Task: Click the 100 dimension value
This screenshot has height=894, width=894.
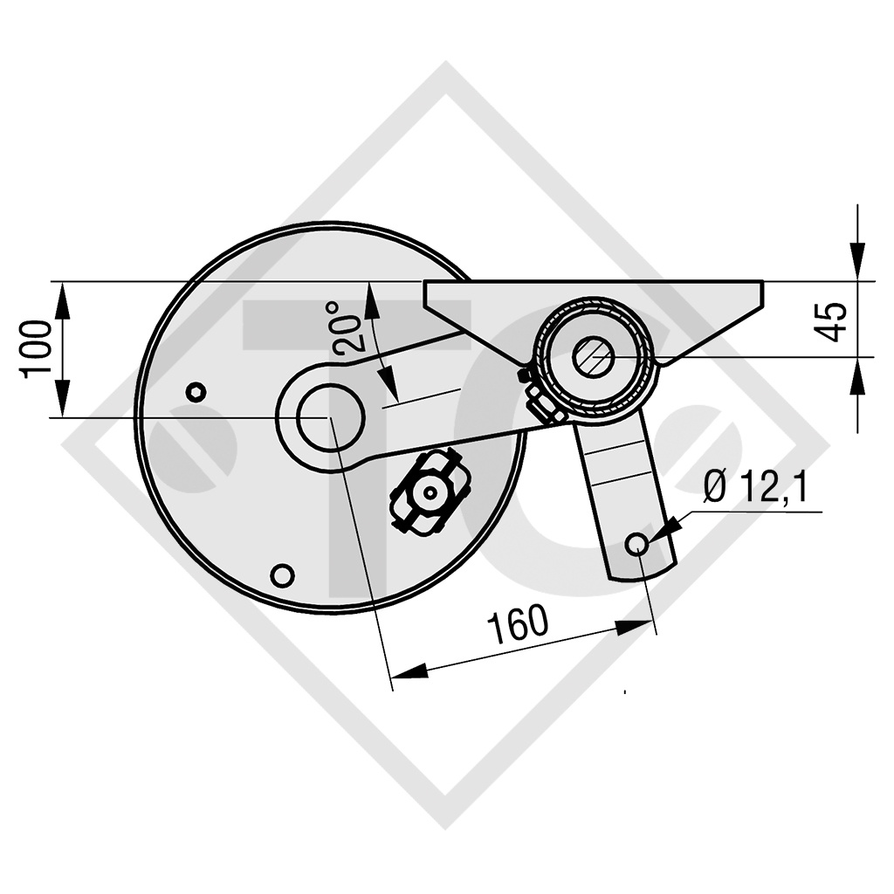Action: click(37, 348)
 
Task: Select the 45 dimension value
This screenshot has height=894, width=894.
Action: click(835, 321)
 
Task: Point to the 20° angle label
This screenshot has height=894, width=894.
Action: click(346, 327)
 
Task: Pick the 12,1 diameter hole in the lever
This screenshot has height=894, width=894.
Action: click(637, 545)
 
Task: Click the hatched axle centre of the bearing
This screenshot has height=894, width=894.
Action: click(594, 356)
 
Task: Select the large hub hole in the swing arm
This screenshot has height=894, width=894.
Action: click(330, 418)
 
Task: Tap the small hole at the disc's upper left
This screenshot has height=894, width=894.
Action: click(196, 392)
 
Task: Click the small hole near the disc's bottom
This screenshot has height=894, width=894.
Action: click(281, 574)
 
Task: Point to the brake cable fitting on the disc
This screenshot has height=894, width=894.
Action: click(429, 491)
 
